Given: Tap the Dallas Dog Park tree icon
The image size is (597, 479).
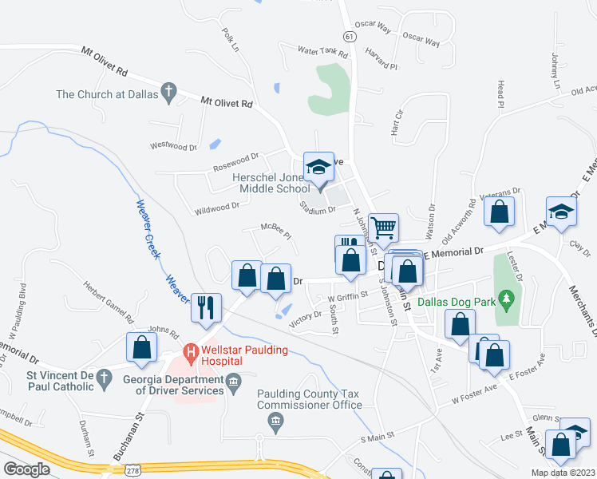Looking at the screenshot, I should click(x=504, y=300).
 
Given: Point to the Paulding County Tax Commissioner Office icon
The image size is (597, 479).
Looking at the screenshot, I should click(x=275, y=421).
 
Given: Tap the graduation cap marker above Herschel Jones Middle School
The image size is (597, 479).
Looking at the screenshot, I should click(x=318, y=166).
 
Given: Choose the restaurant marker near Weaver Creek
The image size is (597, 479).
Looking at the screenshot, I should click(x=206, y=307).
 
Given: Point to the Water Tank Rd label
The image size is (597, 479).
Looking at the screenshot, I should click(x=323, y=54).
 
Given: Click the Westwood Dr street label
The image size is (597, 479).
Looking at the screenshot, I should click(x=173, y=147).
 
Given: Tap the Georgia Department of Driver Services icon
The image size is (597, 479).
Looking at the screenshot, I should click(x=233, y=382).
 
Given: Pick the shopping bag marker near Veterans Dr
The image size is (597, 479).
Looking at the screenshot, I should click(x=500, y=212).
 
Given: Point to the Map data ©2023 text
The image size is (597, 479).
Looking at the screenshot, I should click(x=562, y=472).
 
